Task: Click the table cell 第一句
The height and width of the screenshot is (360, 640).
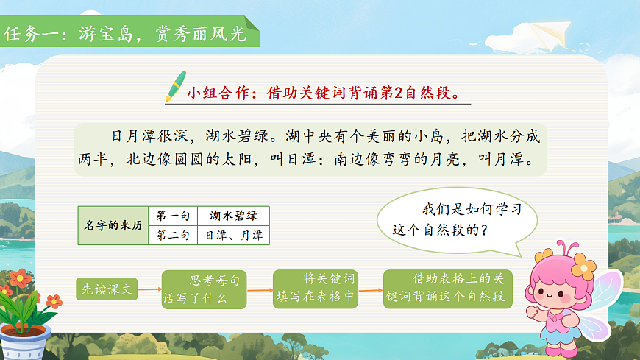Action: [174, 216]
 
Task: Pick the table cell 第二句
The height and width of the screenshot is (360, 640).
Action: [174, 236]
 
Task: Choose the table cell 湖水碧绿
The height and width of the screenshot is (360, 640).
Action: [232, 216]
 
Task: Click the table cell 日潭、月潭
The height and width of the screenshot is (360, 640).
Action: [232, 236]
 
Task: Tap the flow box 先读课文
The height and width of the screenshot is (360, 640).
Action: [107, 289]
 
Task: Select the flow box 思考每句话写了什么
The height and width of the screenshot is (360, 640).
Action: [204, 289]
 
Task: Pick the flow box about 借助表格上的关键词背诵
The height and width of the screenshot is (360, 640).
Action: [447, 288]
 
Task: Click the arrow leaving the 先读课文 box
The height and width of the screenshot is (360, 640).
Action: [149, 289]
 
